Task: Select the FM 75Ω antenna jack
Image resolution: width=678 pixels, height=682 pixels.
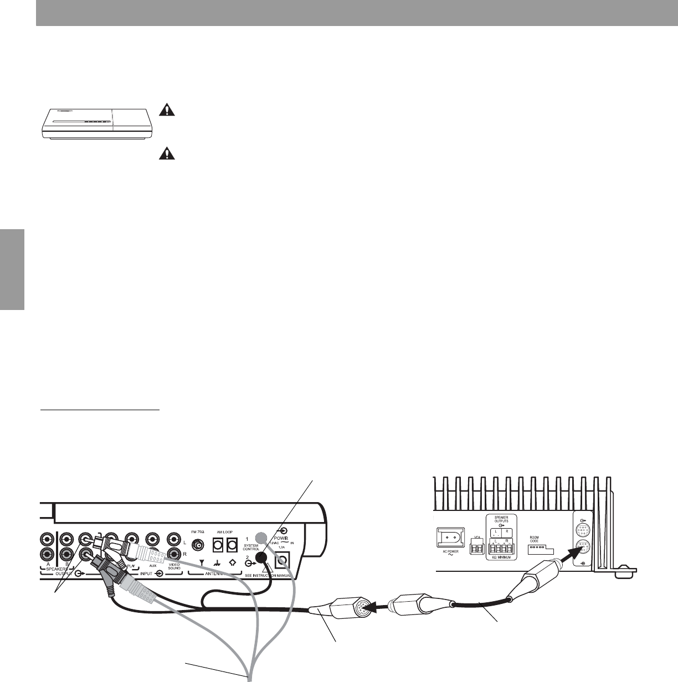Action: point(196,544)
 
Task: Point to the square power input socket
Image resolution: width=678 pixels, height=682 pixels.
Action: point(282,560)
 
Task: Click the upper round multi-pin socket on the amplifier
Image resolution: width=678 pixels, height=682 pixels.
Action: point(581,529)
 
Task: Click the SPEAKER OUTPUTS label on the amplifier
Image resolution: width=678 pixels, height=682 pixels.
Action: point(501,520)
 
